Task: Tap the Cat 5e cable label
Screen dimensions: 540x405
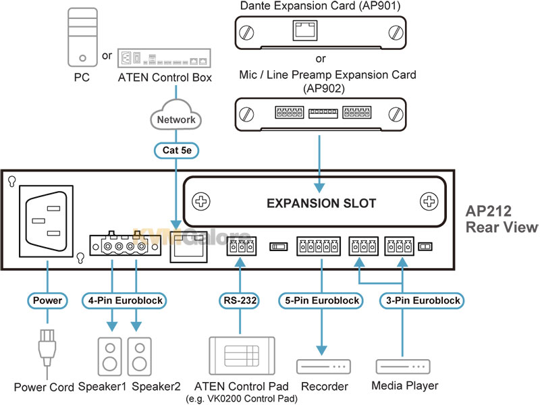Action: coord(176,151)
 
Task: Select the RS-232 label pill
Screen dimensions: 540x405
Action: coord(240,300)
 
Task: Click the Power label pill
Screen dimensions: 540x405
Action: coord(47,300)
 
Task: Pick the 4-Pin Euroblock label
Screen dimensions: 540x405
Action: coord(125,300)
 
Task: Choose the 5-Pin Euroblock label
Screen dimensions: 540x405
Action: coord(321,300)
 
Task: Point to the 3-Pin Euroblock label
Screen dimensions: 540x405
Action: coord(423,300)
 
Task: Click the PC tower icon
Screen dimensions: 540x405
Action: coord(82,37)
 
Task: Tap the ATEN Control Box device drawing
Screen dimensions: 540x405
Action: coord(164,58)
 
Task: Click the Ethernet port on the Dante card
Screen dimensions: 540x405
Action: coord(305,30)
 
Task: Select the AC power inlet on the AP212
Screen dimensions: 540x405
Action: coord(46,221)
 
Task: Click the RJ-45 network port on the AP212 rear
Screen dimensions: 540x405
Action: coord(188,246)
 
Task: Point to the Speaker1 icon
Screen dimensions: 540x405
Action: coord(110,356)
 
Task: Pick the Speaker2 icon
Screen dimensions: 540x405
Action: coord(140,356)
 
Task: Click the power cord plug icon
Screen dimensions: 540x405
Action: coord(47,348)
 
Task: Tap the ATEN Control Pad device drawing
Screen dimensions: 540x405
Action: coord(242,356)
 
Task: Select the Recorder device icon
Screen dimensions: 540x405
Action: coord(323,367)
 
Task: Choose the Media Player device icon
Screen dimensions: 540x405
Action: coord(403,367)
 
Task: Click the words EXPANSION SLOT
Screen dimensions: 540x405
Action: coord(321,203)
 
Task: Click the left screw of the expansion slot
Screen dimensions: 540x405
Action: coord(200,201)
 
